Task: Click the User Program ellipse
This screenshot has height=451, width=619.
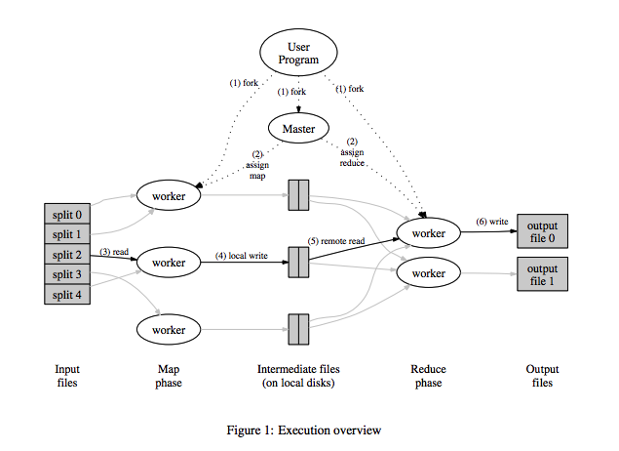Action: click(297, 53)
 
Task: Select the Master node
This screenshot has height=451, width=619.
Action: click(297, 129)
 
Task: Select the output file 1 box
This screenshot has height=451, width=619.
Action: click(541, 275)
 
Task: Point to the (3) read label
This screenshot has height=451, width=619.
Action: click(114, 253)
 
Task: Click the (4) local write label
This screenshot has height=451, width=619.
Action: click(242, 257)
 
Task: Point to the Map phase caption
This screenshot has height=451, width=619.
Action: click(169, 376)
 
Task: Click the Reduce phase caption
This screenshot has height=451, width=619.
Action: click(427, 376)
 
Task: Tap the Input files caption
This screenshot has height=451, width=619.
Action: click(67, 376)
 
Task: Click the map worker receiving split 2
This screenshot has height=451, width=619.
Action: click(169, 263)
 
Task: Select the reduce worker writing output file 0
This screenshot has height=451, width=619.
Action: click(428, 233)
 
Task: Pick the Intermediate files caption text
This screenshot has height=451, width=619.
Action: click(297, 376)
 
